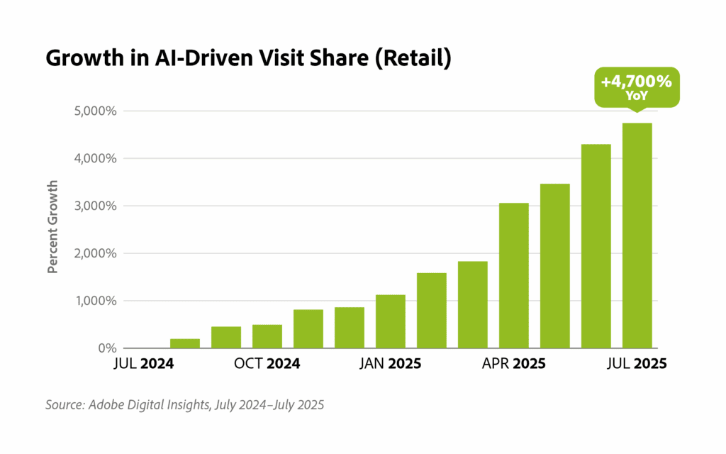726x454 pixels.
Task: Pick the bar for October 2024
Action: point(267,336)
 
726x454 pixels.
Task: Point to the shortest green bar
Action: point(184,343)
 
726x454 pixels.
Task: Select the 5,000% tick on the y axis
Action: point(94,111)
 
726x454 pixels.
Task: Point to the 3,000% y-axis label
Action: point(94,206)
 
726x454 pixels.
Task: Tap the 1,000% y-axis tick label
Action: point(94,301)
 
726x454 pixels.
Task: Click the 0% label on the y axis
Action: point(106,348)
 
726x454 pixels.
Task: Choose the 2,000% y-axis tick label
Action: point(94,253)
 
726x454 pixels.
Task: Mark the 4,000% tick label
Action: point(94,159)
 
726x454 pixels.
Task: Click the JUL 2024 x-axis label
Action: point(144,364)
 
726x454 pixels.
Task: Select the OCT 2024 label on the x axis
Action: point(267,364)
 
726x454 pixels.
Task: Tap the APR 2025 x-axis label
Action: point(513,364)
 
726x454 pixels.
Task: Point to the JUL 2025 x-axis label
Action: point(636,364)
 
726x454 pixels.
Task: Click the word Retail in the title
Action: point(412,60)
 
